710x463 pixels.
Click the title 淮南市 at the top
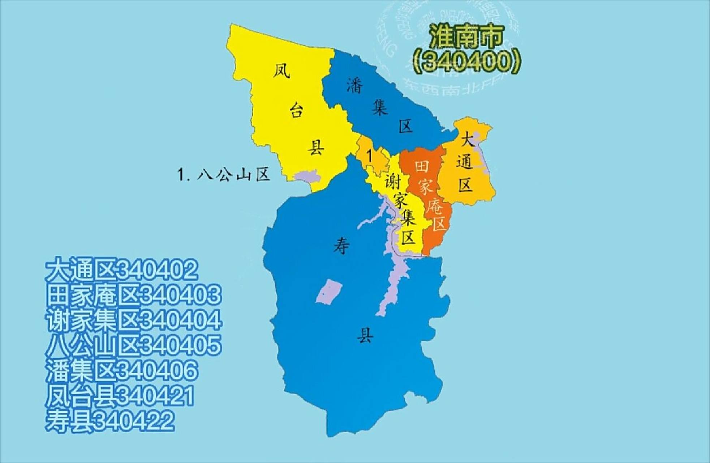466,37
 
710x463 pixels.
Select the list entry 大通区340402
122,269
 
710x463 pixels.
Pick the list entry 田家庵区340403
133,295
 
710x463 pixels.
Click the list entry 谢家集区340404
133,320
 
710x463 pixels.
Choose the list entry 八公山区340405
133,345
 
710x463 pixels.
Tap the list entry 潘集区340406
122,370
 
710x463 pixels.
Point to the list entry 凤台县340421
120,396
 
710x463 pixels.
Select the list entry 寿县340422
110,421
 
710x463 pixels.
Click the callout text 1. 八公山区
224,175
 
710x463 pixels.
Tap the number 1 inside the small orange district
369,156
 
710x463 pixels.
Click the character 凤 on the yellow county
281,71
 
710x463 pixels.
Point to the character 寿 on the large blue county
341,247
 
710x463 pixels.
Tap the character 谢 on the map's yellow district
392,181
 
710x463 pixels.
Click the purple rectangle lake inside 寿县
329,292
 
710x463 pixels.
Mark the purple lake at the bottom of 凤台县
306,177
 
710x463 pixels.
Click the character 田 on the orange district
422,166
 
